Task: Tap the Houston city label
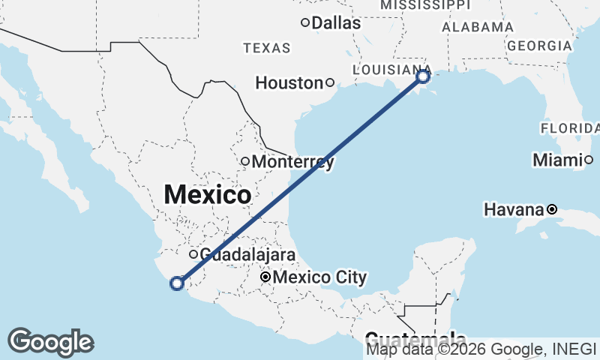tap(289, 82)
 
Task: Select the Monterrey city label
tap(292, 161)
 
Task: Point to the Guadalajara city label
tap(247, 254)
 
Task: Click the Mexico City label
tap(320, 277)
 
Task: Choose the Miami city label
tap(558, 160)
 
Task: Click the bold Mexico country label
tap(208, 195)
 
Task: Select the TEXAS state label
tap(266, 48)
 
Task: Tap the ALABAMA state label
tap(478, 27)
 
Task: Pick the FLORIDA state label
tap(570, 128)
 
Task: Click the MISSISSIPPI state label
tap(424, 5)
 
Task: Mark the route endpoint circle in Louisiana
tap(423, 76)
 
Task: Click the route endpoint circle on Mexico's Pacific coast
tap(177, 283)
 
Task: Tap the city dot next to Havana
tap(552, 209)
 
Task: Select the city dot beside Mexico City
tap(265, 277)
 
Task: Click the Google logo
tap(50, 342)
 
